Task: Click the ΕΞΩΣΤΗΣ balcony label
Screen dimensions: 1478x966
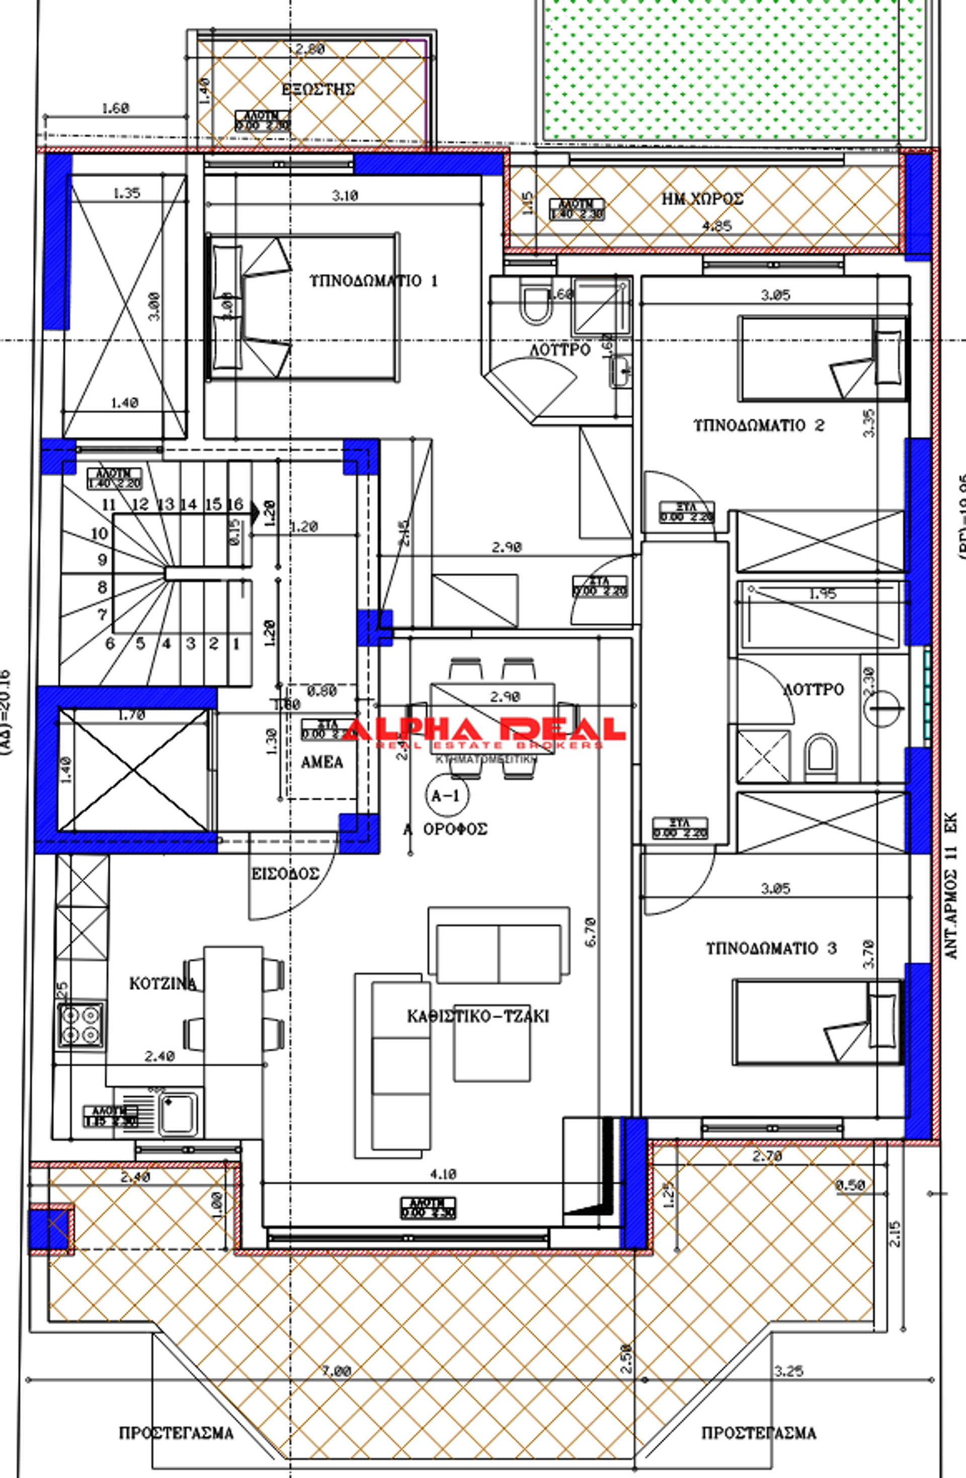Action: [x=317, y=90]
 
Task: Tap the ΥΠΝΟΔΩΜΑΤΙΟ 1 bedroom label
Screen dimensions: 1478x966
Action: [x=373, y=281]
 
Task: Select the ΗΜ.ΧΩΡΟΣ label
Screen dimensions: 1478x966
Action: [x=702, y=199]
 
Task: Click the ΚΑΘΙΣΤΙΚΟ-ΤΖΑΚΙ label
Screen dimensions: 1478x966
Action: [x=478, y=1017]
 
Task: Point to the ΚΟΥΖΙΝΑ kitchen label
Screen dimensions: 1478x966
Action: [x=163, y=983]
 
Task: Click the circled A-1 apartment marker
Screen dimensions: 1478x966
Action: [x=445, y=795]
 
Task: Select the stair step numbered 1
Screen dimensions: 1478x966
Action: [x=236, y=644]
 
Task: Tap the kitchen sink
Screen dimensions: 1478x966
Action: [x=178, y=1113]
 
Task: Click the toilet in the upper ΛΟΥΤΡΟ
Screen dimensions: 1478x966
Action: [x=535, y=304]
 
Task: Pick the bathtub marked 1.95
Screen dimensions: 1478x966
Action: [x=819, y=615]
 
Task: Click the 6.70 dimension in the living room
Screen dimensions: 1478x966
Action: [x=590, y=932]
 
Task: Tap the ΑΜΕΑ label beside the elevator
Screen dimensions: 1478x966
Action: [x=322, y=762]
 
